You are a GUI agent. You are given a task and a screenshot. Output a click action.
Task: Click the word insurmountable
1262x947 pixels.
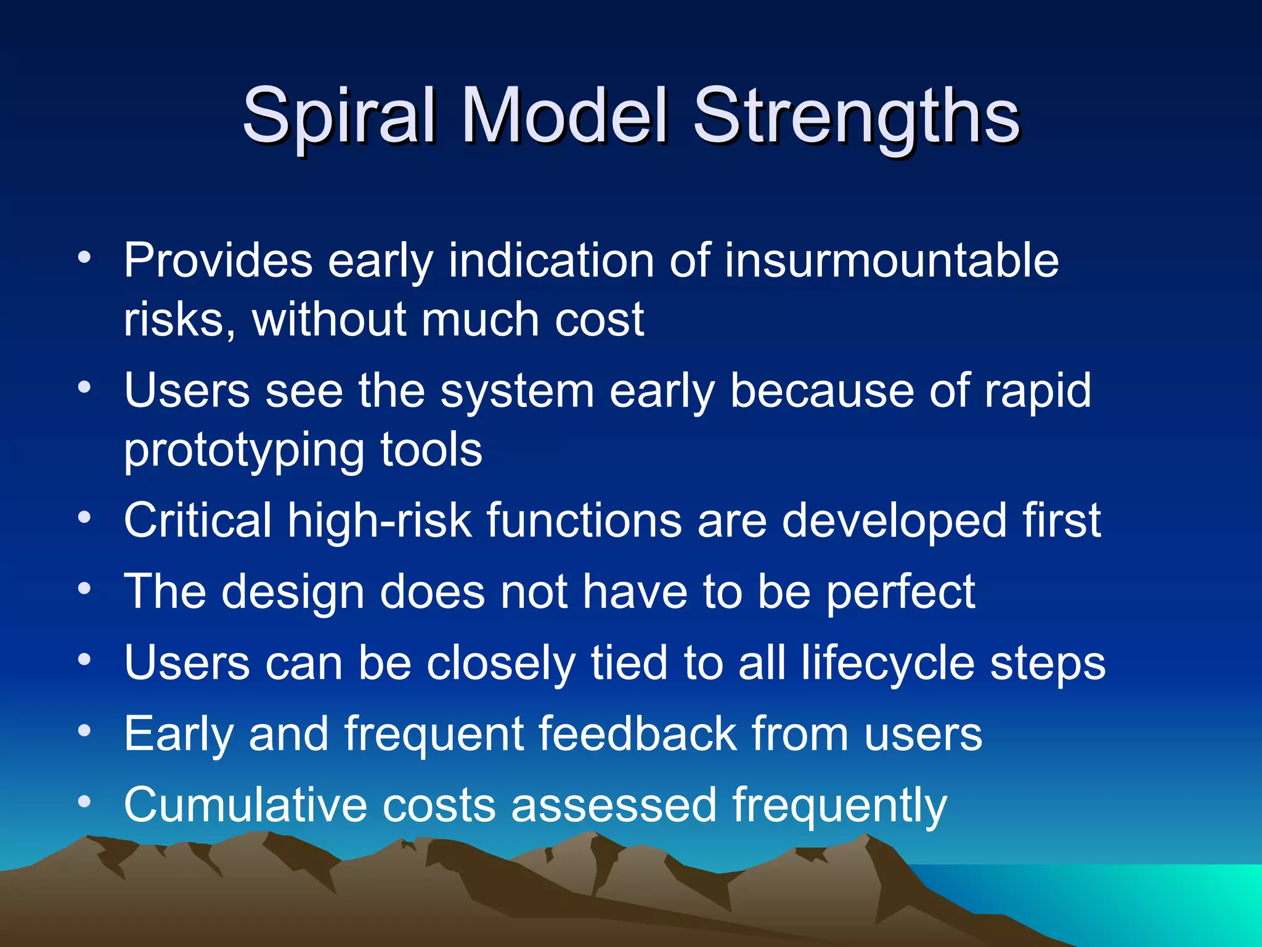point(891,261)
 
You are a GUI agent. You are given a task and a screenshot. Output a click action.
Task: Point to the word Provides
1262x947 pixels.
point(218,261)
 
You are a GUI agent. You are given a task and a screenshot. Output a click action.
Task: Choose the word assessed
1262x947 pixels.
point(614,805)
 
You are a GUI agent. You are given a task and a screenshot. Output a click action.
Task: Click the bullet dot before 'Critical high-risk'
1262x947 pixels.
point(84,517)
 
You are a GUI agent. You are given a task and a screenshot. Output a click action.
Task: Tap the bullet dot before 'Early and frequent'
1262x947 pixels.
point(84,730)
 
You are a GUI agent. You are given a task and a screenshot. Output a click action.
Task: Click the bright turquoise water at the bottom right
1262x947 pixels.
point(1171,900)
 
